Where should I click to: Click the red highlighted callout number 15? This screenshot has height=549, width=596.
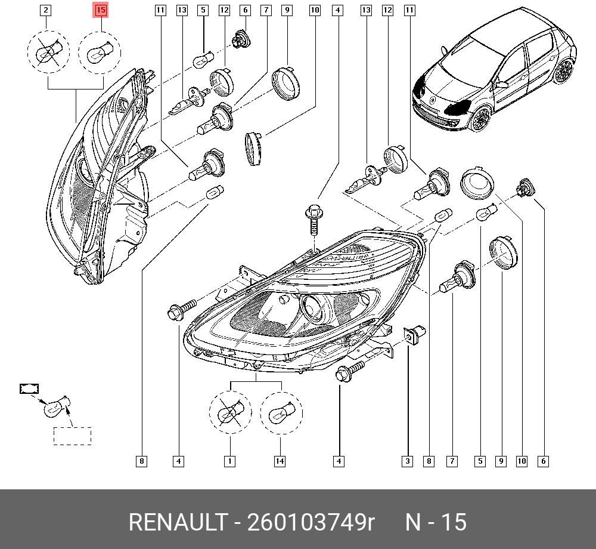(x=100, y=10)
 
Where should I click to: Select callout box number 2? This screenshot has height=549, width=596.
(x=46, y=10)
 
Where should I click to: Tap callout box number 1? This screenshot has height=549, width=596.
(x=229, y=461)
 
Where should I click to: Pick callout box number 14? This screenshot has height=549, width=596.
(x=280, y=461)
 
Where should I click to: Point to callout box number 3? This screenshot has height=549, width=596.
(x=407, y=461)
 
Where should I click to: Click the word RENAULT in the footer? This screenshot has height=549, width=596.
(x=178, y=522)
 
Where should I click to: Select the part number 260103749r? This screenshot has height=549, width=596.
(x=311, y=522)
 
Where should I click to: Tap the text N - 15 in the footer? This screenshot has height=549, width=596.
(x=436, y=522)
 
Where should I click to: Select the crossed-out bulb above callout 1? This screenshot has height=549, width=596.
(x=230, y=413)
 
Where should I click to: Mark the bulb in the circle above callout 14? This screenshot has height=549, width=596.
(x=281, y=413)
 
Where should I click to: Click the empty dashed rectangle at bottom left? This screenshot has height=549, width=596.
(x=72, y=436)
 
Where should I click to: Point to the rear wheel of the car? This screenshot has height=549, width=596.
(x=563, y=72)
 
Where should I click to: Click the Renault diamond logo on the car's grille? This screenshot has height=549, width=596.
(x=433, y=100)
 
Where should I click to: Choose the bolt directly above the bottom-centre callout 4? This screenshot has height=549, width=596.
(x=350, y=370)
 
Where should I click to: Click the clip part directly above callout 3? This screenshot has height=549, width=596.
(x=414, y=334)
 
